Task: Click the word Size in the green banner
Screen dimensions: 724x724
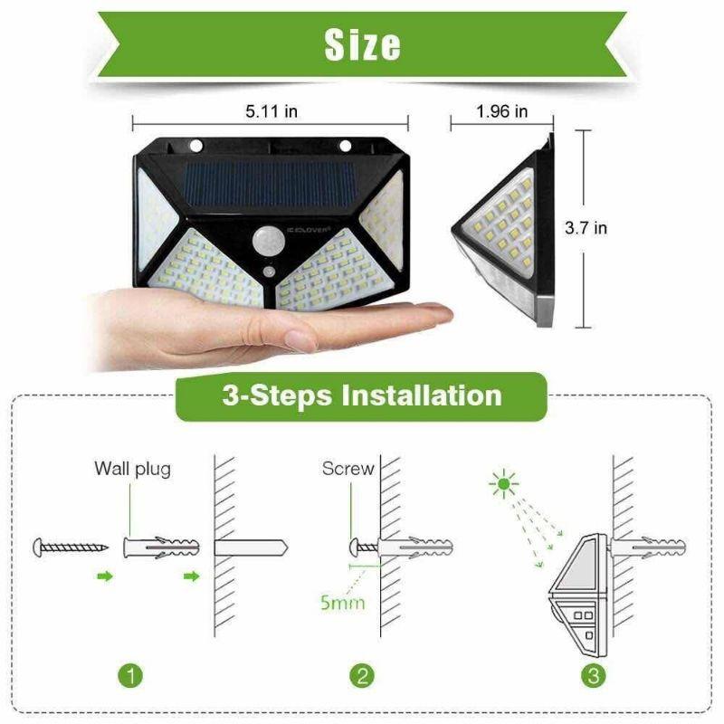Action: click(x=362, y=43)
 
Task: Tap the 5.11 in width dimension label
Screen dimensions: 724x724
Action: click(x=272, y=111)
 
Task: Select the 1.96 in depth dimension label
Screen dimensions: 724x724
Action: click(x=501, y=111)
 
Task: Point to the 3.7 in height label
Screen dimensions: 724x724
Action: click(x=586, y=228)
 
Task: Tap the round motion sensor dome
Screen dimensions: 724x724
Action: click(x=269, y=242)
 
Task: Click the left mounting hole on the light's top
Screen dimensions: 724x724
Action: click(x=195, y=145)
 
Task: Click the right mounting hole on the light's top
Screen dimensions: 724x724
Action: click(x=345, y=145)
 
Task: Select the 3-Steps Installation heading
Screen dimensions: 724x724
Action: click(x=361, y=395)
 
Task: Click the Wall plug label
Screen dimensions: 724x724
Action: click(x=132, y=469)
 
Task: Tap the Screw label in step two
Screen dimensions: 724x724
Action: click(x=348, y=469)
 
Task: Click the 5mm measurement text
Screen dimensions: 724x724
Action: click(x=342, y=601)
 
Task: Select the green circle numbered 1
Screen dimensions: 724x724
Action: click(x=131, y=675)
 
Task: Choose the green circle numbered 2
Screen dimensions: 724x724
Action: click(x=361, y=675)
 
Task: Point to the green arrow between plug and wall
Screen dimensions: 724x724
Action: click(x=191, y=576)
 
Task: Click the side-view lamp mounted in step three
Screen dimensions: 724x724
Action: click(x=579, y=588)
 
